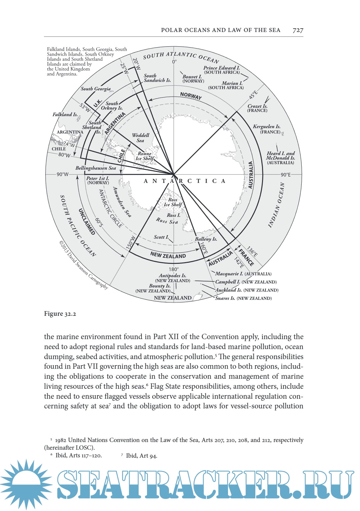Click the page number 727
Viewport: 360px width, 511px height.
click(298, 30)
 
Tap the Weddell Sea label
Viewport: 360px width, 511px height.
click(140, 138)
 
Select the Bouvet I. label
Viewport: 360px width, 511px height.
click(192, 77)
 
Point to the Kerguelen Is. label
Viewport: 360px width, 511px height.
click(267, 127)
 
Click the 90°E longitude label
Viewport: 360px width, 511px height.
click(286, 175)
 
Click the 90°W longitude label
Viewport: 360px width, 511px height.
click(62, 174)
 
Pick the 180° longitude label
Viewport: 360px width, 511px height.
click(173, 269)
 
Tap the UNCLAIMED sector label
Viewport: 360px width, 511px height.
click(87, 222)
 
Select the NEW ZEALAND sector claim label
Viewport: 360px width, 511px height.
click(168, 255)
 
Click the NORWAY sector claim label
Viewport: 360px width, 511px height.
click(191, 96)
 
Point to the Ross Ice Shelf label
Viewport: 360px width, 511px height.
click(173, 202)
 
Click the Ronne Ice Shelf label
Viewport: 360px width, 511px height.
click(145, 156)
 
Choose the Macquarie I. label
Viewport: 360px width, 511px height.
click(229, 273)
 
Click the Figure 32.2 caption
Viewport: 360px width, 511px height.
click(60, 314)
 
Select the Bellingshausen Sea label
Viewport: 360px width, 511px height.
click(96, 168)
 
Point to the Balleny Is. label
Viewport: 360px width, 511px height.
click(206, 239)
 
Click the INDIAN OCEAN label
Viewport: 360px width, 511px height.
click(276, 205)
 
